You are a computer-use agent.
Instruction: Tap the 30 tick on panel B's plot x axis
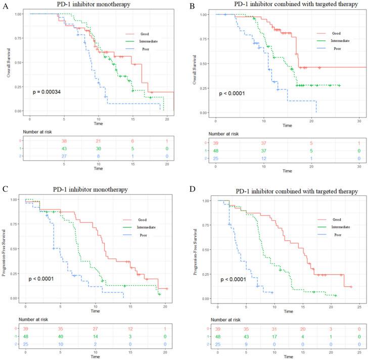pos(358,122)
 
